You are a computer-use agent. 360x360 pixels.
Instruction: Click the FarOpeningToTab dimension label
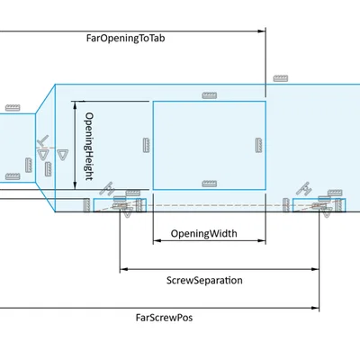click(125, 39)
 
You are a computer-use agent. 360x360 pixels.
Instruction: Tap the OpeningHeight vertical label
click(89, 146)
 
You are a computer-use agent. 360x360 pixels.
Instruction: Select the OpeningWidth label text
click(204, 233)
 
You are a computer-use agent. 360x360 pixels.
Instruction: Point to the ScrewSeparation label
click(204, 280)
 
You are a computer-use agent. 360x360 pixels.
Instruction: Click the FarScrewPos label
click(164, 318)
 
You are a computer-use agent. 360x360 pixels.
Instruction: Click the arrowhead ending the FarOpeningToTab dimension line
click(262, 31)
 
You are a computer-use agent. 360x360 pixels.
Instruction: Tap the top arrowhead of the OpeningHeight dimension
click(75, 105)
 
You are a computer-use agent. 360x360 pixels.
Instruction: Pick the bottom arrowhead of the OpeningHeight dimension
click(75, 185)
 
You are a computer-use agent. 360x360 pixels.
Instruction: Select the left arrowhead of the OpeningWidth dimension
click(157, 240)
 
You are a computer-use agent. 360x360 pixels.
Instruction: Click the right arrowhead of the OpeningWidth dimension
click(262, 240)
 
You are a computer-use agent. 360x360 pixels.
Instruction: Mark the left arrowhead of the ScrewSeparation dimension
click(123, 269)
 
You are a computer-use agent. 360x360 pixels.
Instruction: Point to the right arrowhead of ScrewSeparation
click(315, 269)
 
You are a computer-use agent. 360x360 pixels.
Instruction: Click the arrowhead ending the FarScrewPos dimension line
click(315, 308)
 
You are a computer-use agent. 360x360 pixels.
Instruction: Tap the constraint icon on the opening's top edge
click(210, 95)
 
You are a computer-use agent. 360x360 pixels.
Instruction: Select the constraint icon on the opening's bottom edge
click(210, 184)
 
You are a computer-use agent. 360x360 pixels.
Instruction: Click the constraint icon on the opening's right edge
click(258, 145)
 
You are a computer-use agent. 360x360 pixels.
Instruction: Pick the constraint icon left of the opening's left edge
click(146, 145)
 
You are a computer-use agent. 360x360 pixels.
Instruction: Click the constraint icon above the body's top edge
click(281, 78)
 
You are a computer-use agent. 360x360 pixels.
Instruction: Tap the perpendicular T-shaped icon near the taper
click(43, 141)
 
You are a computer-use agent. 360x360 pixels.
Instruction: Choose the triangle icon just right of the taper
click(62, 155)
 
